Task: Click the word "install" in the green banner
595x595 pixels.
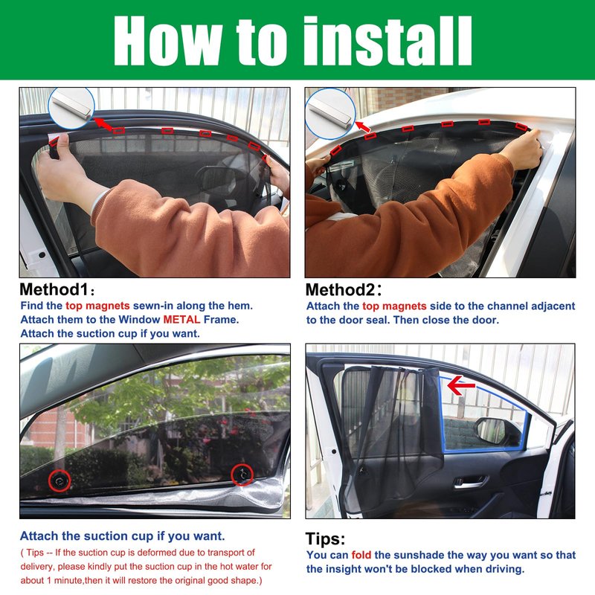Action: pos(387,41)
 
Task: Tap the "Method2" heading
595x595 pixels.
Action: pos(341,290)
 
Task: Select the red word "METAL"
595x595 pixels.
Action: pos(181,320)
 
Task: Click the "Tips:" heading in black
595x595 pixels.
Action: pos(325,538)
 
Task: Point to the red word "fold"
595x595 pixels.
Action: pos(361,555)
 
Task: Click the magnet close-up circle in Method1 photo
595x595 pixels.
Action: pos(71,108)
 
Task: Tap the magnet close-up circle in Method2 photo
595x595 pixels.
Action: pos(330,114)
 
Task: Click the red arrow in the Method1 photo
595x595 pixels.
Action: pos(103,124)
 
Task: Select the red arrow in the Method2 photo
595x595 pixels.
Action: pos(363,126)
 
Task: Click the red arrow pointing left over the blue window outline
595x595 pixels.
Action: pos(460,385)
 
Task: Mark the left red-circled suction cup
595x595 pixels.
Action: pos(59,480)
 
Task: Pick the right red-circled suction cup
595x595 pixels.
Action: pos(242,475)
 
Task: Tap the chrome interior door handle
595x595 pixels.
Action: pos(469,483)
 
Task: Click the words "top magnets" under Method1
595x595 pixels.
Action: pos(97,306)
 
